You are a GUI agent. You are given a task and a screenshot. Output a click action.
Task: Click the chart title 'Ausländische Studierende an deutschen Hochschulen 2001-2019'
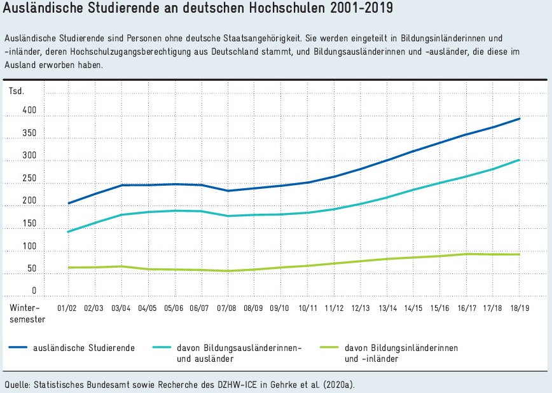198,10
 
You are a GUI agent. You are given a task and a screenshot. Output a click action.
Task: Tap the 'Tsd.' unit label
17,91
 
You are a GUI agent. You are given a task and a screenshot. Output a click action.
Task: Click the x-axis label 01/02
67,308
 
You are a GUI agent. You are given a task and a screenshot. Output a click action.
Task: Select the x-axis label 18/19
520,308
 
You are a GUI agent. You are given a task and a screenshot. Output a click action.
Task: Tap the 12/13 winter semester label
360,308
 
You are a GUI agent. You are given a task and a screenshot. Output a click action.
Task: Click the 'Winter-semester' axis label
27,313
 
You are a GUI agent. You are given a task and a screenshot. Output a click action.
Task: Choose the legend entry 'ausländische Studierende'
92,348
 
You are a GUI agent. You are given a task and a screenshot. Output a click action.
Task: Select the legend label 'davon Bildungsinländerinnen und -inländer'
400,353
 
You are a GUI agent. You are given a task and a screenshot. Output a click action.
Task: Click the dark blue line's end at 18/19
520,119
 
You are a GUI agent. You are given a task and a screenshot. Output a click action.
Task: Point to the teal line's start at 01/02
67,231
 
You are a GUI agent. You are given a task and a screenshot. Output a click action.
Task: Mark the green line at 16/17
467,254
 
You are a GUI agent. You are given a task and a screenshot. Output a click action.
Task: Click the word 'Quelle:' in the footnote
17,384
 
